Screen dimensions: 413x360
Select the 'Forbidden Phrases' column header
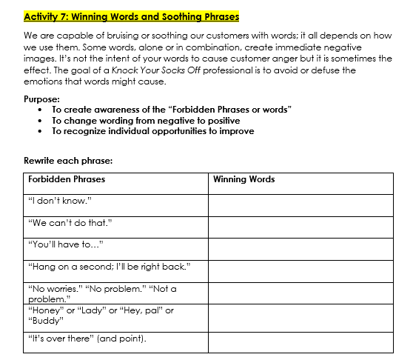pyautogui.click(x=67, y=179)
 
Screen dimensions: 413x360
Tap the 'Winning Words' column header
pyautogui.click(x=244, y=179)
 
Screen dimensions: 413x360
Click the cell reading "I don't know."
pyautogui.click(x=59, y=201)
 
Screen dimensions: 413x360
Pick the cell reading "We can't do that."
pyautogui.click(x=70, y=222)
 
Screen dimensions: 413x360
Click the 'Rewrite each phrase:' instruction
pyautogui.click(x=68, y=159)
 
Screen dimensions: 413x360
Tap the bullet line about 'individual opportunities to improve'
pyautogui.click(x=152, y=131)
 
